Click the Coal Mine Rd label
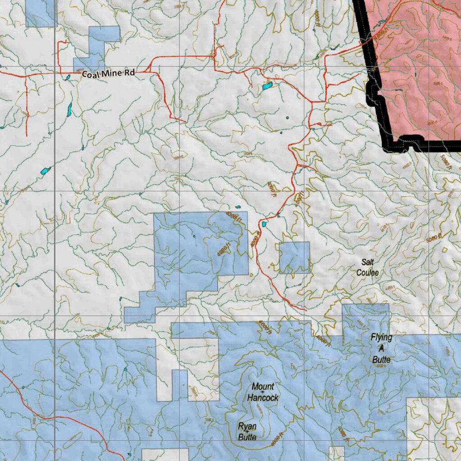108,73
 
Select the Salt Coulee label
368,267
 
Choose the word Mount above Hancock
263,386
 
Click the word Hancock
263,398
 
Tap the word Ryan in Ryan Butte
248,426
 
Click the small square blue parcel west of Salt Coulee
294,258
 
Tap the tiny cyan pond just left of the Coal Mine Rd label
68,77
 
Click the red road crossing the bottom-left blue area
68,420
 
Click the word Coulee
368,273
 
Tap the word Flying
382,337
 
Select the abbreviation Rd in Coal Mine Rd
130,72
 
